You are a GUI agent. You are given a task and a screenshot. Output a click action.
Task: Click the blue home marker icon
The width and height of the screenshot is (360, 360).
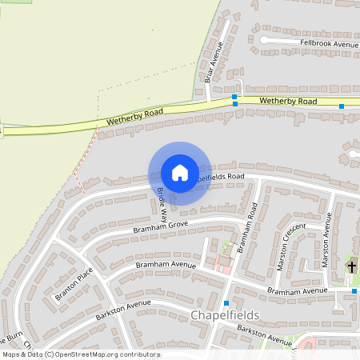pyautogui.click(x=180, y=173)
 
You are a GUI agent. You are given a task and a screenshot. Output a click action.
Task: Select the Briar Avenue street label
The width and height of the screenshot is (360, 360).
pyautogui.click(x=212, y=62)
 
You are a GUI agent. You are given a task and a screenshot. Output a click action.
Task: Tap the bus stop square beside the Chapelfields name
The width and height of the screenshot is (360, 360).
pyautogui.click(x=227, y=302)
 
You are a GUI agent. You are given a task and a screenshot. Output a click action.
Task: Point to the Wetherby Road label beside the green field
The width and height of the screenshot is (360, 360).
pyautogui.click(x=134, y=118)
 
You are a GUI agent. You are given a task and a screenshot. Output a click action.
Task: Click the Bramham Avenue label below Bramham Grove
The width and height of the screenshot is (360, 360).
pyautogui.click(x=166, y=264)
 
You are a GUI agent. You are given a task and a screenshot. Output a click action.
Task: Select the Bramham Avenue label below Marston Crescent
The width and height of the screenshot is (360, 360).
pyautogui.click(x=297, y=291)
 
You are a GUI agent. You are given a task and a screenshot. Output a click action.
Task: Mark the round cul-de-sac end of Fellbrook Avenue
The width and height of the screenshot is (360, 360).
pyautogui.click(x=264, y=39)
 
